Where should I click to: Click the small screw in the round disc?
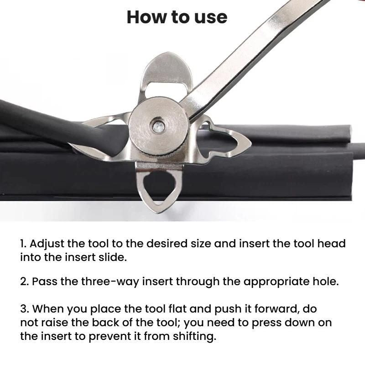[x=159, y=127]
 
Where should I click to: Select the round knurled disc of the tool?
[x=158, y=127]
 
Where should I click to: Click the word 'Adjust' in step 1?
[x=47, y=244]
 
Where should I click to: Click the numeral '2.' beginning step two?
[x=25, y=282]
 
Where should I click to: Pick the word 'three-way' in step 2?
[x=110, y=282]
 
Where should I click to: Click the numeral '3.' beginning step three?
[x=25, y=309]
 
